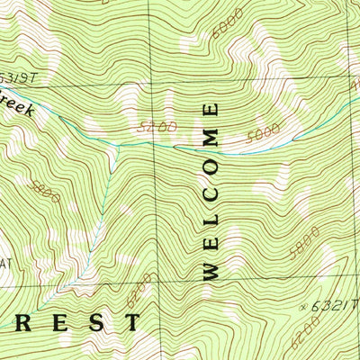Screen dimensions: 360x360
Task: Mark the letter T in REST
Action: click(x=132, y=321)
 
